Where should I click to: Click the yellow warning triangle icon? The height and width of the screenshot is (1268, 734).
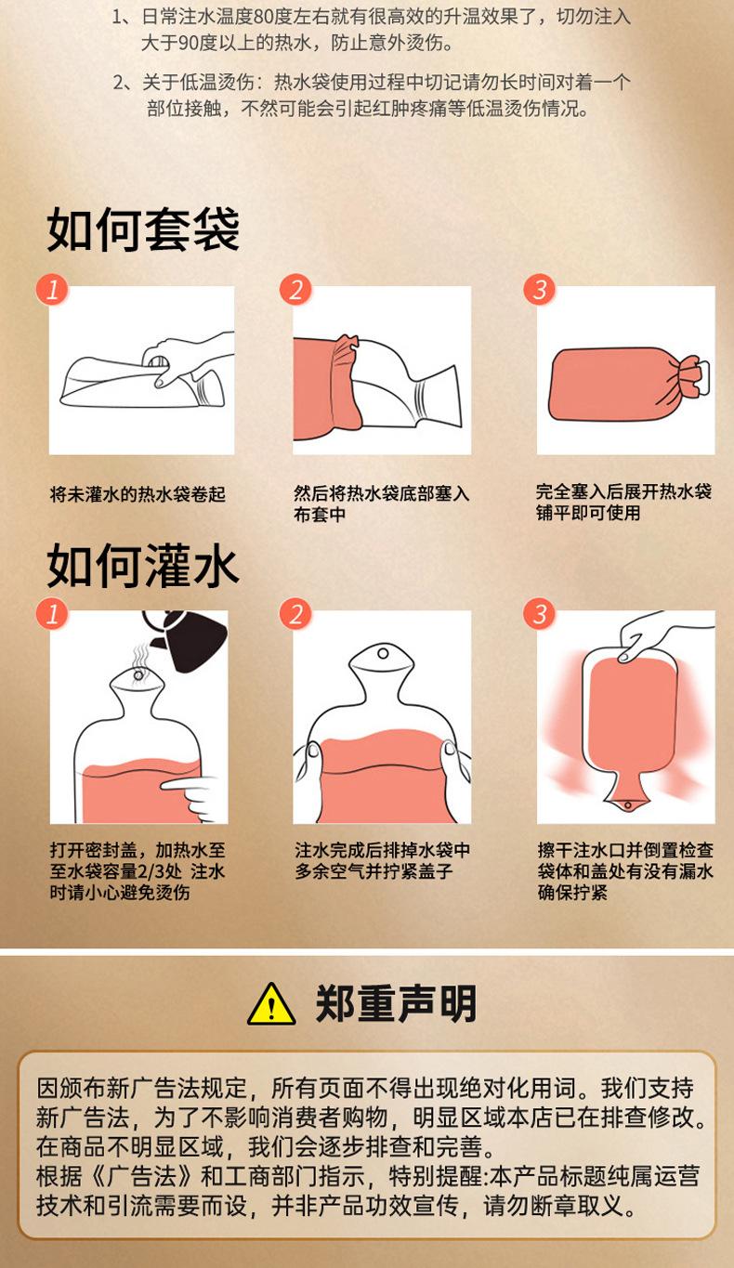(271, 1004)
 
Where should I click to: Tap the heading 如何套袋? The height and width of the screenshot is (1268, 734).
(143, 229)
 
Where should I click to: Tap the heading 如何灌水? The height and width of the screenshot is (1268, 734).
(142, 565)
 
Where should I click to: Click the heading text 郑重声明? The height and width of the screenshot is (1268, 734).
(395, 1003)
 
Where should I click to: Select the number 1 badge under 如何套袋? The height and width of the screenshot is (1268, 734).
(52, 290)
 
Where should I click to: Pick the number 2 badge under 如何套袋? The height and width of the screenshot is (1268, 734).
(295, 290)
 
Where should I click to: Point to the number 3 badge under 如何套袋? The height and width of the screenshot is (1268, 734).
(539, 290)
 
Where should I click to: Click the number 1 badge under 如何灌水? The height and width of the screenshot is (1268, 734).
(52, 614)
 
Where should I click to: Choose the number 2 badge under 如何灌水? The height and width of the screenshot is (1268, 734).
(295, 614)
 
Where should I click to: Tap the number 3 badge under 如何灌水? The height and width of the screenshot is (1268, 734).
(539, 614)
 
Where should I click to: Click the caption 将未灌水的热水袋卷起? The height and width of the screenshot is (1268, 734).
(138, 494)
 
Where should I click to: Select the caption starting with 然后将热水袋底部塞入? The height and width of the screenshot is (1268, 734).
(381, 503)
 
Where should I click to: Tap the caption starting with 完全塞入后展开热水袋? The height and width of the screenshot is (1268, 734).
(623, 503)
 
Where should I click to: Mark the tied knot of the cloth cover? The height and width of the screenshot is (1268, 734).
(691, 377)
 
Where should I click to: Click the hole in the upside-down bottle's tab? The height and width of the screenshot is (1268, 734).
(627, 805)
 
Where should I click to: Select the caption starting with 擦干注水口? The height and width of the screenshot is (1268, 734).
(625, 870)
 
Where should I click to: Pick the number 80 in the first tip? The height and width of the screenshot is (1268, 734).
(263, 18)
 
